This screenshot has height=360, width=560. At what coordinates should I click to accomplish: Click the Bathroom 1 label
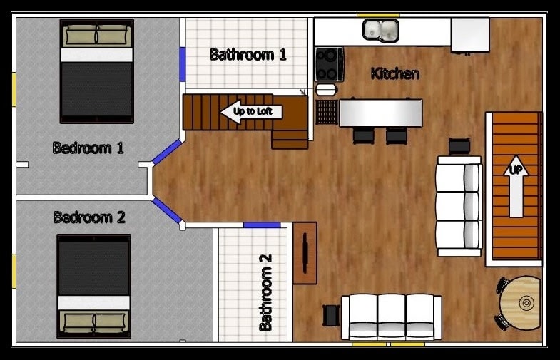pyautogui.click(x=248, y=55)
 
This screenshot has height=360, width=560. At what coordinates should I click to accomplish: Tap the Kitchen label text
pyautogui.click(x=395, y=73)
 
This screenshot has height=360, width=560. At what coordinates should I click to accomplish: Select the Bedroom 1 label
pyautogui.click(x=88, y=148)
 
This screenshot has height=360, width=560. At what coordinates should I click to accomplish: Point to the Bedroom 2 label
pyautogui.click(x=89, y=217)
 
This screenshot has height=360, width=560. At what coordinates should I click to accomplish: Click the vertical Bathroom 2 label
pyautogui.click(x=265, y=292)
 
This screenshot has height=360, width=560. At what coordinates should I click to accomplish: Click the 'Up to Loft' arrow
pyautogui.click(x=251, y=112)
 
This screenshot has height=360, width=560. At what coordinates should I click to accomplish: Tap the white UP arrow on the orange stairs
pyautogui.click(x=516, y=186)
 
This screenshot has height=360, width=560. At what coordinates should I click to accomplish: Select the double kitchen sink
pyautogui.click(x=381, y=31)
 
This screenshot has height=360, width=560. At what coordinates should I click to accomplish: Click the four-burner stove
pyautogui.click(x=330, y=65)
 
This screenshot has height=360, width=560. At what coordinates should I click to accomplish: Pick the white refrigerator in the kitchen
pyautogui.click(x=470, y=35)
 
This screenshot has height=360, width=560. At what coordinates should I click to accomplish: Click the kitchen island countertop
pyautogui.click(x=381, y=113)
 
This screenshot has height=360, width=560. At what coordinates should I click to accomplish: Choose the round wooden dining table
pyautogui.click(x=521, y=303)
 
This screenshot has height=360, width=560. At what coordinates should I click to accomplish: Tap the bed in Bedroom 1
pyautogui.click(x=97, y=71)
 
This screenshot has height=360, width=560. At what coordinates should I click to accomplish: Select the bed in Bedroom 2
pyautogui.click(x=94, y=287)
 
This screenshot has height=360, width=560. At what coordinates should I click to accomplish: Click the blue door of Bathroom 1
pyautogui.click(x=183, y=65)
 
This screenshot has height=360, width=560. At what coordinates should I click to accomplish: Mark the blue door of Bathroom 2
pyautogui.click(x=262, y=225)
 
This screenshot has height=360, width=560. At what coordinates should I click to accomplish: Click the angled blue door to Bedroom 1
pyautogui.click(x=167, y=152)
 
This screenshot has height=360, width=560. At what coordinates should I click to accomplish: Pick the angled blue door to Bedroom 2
pyautogui.click(x=167, y=211)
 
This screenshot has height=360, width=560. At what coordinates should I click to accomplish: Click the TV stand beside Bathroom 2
pyautogui.click(x=305, y=253)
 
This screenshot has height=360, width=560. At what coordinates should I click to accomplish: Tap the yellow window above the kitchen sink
pyautogui.click(x=378, y=16)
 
